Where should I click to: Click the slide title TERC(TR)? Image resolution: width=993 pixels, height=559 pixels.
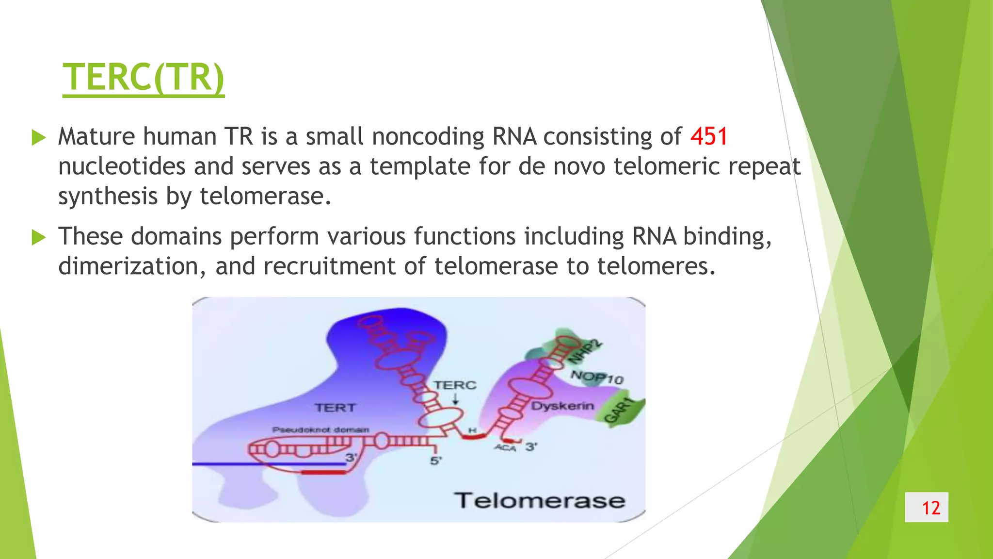pos(144,77)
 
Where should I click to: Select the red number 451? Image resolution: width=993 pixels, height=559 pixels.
pos(709,136)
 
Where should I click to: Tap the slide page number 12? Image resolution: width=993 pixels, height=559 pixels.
pos(930,508)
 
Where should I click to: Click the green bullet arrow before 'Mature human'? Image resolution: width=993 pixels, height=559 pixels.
pos(38,138)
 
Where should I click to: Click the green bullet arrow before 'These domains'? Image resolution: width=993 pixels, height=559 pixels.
pos(38,238)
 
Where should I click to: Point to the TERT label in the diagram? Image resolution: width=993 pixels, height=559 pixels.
pos(335,408)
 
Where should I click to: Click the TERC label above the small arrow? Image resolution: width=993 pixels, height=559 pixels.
pos(455,385)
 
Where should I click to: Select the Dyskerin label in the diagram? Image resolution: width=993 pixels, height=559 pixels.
pos(562,406)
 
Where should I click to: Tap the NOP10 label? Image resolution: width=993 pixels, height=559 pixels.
pos(596,377)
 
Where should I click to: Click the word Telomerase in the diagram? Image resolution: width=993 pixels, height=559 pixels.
pos(539,500)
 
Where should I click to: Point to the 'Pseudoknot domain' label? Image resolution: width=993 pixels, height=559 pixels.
pos(320,430)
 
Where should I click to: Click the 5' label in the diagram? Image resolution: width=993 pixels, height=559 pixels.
pos(436,460)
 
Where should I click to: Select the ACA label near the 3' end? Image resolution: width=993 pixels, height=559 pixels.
pos(505,448)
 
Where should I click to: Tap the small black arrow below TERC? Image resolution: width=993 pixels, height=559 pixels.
pos(455,399)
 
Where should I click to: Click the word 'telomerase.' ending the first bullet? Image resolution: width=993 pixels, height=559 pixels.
pos(265,197)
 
